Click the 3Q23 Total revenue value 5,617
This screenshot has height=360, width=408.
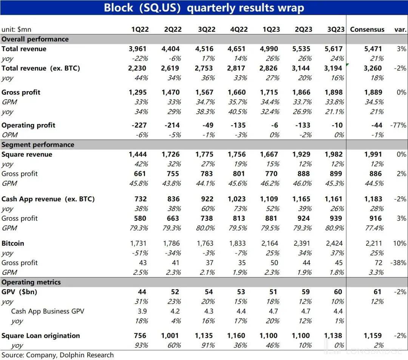[334, 49]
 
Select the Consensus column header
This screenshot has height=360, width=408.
[367, 29]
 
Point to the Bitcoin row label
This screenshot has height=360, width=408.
[13, 243]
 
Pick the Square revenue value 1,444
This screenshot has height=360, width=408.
[138, 154]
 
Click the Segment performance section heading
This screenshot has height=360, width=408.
[38, 144]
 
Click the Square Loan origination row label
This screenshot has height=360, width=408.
[41, 335]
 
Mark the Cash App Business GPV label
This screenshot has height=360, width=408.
[48, 311]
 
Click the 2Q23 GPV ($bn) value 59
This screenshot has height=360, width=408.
[306, 292]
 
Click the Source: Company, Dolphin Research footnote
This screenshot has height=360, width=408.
[57, 355]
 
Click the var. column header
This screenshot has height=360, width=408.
[400, 29]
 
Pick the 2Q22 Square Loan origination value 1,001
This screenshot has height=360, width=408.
[171, 335]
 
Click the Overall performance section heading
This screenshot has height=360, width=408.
[35, 39]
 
